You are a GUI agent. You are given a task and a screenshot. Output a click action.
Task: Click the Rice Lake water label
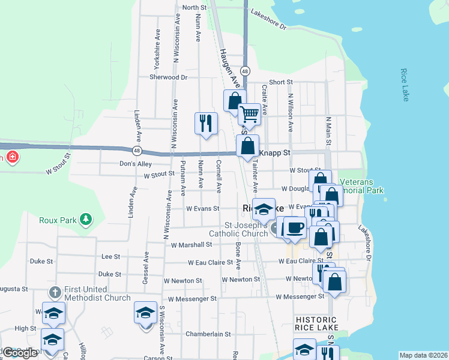click(x=405, y=85)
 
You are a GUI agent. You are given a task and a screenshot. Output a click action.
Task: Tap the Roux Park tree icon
click(x=86, y=219)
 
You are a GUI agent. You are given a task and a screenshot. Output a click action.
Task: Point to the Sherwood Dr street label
click(x=169, y=77)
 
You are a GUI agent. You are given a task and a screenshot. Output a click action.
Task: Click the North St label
click(x=194, y=7)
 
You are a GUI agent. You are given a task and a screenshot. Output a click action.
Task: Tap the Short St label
click(x=280, y=82)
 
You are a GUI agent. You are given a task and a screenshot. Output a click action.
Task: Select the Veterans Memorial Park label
click(x=361, y=186)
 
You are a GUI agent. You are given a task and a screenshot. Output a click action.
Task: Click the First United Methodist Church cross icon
click(x=55, y=292)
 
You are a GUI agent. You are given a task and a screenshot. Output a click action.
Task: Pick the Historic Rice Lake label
click(x=316, y=324)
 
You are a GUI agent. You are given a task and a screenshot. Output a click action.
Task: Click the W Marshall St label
click(x=191, y=245)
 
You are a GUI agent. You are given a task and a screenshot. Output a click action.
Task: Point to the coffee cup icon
click(x=294, y=227)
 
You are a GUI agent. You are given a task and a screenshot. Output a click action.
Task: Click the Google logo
click(x=19, y=353)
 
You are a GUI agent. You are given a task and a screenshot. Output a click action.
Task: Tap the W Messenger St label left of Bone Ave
click(x=192, y=298)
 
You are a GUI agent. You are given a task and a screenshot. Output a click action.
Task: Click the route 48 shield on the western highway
click(x=137, y=150)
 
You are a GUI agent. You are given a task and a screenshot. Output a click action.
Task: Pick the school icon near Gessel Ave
click(x=145, y=313)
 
